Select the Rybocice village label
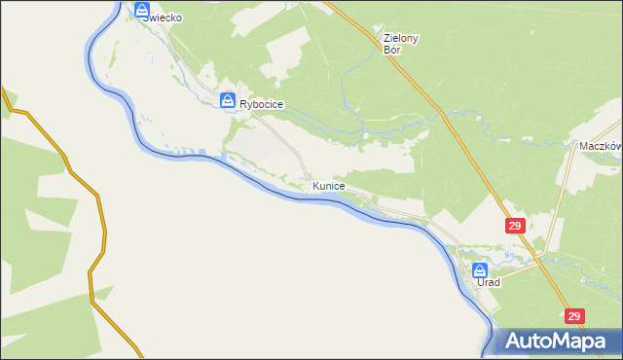tap(261, 105)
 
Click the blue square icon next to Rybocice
tap(227, 99)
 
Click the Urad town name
tap(489, 282)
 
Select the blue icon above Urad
tap(480, 270)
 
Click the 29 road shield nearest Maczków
tap(517, 226)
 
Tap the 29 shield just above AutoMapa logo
tap(574, 316)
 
